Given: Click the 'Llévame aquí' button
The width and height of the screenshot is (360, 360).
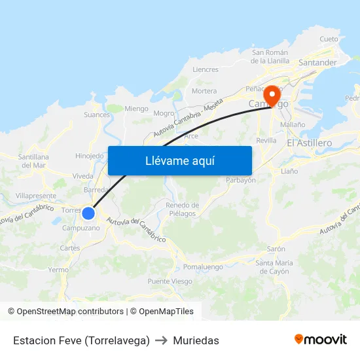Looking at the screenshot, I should pos(179,160).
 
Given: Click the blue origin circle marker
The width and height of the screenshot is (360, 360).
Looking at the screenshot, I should pos(88,213).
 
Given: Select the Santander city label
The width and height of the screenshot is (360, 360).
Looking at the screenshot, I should pos(317,63).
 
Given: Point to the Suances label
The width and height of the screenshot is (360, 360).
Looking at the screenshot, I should pos(97,115).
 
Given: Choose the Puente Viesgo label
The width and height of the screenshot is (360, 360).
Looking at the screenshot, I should pos(170,281).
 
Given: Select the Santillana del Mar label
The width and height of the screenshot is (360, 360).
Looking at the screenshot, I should pos(33,161).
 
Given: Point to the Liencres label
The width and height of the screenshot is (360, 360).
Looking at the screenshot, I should pos(206,69).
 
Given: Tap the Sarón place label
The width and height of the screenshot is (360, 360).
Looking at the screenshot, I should pos(276,249).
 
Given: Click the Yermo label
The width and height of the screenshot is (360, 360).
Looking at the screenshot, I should pos(58,269).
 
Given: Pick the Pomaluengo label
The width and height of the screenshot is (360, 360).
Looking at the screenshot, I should pos(203,266).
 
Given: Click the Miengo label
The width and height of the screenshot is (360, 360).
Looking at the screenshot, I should pos(136,109).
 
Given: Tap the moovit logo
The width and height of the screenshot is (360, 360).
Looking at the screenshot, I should pos(321,340).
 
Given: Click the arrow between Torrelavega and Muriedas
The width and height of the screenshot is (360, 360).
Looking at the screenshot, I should pos(162,340).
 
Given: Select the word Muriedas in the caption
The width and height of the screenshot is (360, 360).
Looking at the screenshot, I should pos(196,340).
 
